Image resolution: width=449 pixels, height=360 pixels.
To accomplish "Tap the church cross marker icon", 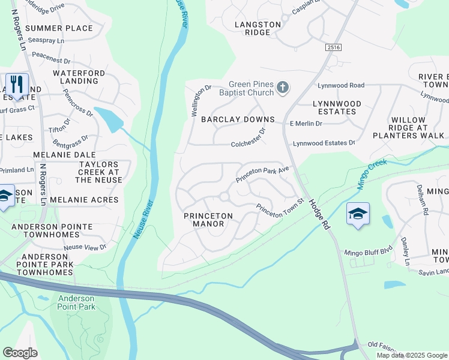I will pyautogui.click(x=283, y=89).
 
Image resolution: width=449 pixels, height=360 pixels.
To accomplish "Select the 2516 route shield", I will pyautogui.click(x=334, y=47).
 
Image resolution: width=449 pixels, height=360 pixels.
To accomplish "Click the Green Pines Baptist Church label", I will pyautogui.click(x=250, y=89).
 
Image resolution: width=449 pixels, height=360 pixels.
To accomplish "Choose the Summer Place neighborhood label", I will pyautogui.click(x=59, y=28).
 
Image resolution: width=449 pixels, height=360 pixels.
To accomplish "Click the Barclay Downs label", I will pyautogui.click(x=238, y=119).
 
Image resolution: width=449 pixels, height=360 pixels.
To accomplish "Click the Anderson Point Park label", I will pyautogui.click(x=76, y=302).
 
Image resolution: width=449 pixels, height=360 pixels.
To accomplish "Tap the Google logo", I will pyautogui.click(x=20, y=353).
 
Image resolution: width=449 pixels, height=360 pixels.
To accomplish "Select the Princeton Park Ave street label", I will pyautogui.click(x=263, y=175).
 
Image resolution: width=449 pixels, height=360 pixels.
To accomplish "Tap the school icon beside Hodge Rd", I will pyautogui.click(x=358, y=214).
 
